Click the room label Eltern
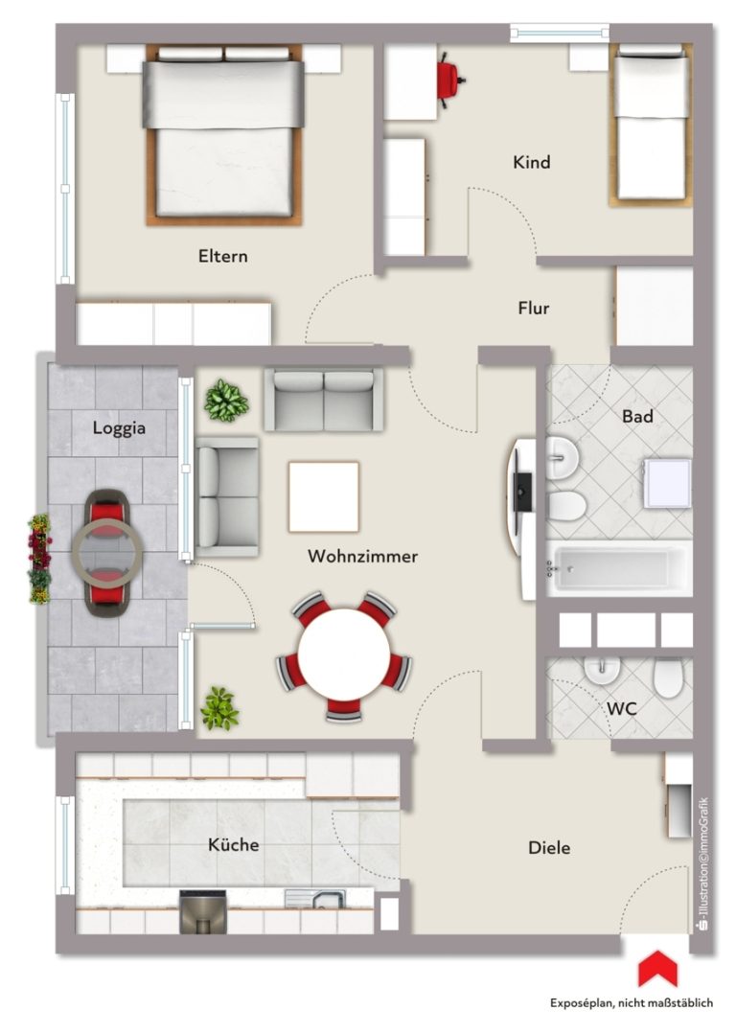click(x=222, y=256)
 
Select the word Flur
click(x=533, y=308)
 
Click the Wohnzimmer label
click(x=362, y=556)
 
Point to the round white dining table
click(x=343, y=654)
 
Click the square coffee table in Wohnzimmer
click(x=324, y=496)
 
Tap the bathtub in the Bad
click(x=619, y=568)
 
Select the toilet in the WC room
click(x=667, y=677)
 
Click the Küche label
click(x=233, y=844)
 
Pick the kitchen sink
click(x=315, y=899)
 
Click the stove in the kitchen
click(x=203, y=912)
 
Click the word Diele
click(x=549, y=848)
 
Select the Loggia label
click(x=119, y=428)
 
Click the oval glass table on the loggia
click(x=107, y=552)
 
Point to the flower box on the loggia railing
click(x=39, y=559)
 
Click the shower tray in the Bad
click(x=667, y=484)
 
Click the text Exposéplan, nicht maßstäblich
click(x=632, y=1003)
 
